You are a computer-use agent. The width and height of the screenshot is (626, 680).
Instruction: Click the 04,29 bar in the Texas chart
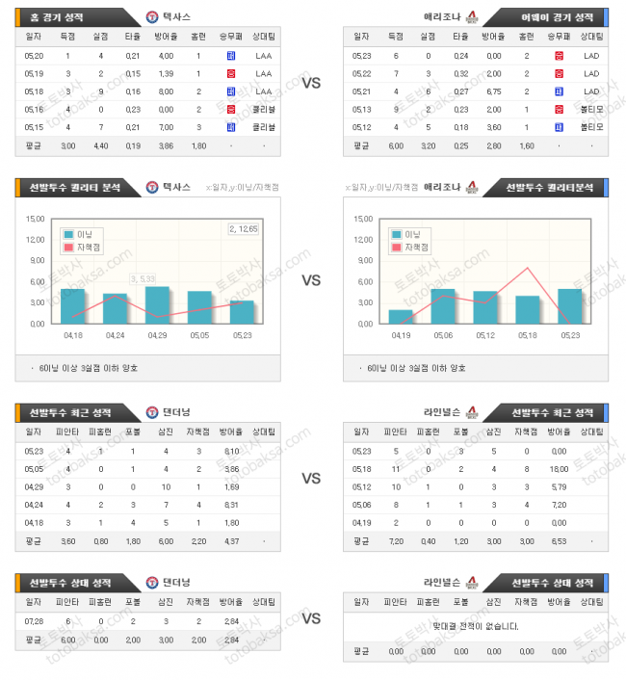click(157, 305)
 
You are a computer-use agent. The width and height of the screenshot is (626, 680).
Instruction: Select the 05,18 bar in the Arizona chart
click(528, 309)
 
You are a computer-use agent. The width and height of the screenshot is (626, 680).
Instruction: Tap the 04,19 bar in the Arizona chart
click(401, 316)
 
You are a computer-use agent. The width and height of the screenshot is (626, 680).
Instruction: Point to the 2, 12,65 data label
click(244, 228)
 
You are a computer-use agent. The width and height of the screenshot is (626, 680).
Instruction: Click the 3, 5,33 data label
click(143, 277)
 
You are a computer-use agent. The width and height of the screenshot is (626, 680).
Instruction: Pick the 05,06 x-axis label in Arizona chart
click(443, 336)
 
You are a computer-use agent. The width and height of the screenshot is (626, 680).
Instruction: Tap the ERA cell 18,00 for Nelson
click(560, 469)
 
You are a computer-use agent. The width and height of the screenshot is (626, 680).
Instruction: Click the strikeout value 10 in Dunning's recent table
click(167, 487)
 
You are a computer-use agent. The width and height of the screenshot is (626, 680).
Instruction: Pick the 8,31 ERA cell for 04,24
click(231, 505)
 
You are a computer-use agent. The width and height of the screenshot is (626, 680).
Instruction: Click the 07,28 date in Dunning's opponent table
click(34, 621)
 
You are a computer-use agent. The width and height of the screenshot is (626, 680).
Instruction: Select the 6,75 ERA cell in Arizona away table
click(493, 92)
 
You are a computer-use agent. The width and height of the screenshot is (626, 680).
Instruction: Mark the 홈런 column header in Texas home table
click(197, 36)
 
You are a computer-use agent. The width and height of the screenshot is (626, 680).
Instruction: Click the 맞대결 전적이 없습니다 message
click(477, 626)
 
